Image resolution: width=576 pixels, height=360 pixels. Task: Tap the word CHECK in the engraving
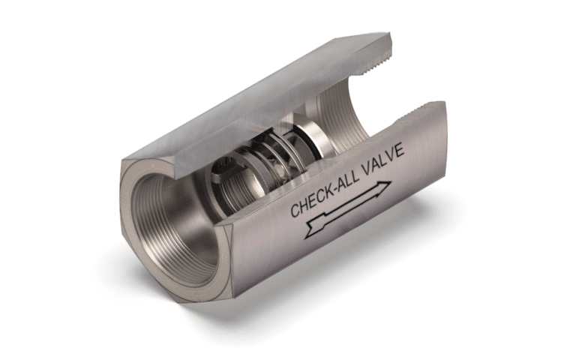click(x=312, y=199)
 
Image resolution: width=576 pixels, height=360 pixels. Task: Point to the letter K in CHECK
click(x=327, y=191)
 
